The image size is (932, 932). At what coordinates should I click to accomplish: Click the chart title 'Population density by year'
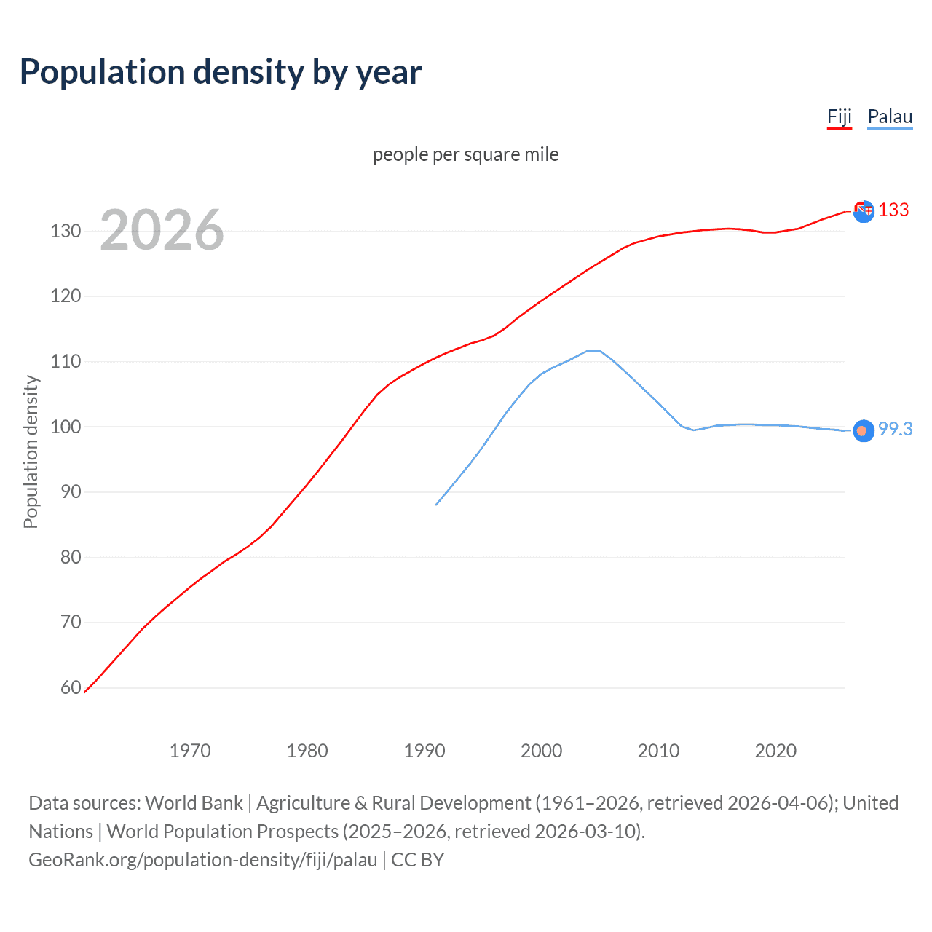[x=221, y=72]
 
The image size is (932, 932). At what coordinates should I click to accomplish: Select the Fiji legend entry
[x=839, y=116]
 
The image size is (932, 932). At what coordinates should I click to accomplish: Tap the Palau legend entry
[x=890, y=116]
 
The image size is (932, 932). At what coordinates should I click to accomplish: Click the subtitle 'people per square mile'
[x=465, y=154]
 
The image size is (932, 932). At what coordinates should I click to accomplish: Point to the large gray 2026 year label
[x=162, y=230]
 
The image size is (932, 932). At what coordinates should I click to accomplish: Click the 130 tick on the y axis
[x=66, y=232]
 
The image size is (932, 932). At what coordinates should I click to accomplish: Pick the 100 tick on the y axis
[x=66, y=427]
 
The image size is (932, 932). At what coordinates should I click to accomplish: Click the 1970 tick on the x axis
[x=190, y=751]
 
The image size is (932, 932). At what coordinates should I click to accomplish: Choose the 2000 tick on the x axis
[x=541, y=751]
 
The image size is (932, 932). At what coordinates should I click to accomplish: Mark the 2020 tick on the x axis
[x=775, y=751]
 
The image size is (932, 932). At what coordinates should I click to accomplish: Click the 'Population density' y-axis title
[x=31, y=451]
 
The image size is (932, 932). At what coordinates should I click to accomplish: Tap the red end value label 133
[x=893, y=210]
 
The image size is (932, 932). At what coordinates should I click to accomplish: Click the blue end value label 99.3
[x=895, y=430]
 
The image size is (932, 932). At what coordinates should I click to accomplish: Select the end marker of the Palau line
[x=863, y=431]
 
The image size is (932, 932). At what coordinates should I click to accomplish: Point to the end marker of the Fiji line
[x=864, y=211]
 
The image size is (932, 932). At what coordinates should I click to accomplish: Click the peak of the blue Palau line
[x=593, y=350]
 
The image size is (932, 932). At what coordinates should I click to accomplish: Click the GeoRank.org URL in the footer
[x=202, y=860]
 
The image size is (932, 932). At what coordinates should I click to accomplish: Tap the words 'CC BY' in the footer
[x=418, y=860]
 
